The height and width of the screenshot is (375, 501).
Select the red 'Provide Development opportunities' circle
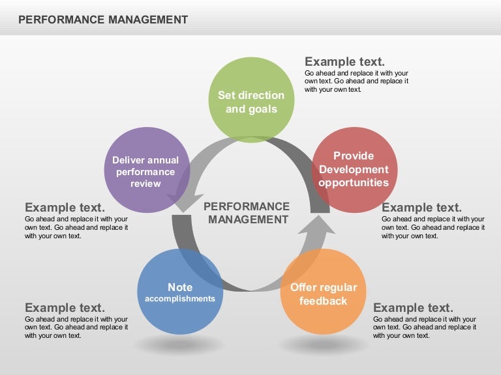point(354,170)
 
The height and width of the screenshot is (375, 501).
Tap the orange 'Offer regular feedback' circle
point(322,291)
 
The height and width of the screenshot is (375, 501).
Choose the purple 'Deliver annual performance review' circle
point(146,170)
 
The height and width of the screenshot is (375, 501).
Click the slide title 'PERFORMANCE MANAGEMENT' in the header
point(103,20)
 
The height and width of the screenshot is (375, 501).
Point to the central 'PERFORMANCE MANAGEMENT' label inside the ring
point(247,213)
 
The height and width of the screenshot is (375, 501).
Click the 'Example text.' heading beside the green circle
point(344,62)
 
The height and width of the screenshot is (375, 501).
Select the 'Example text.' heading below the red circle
point(421,208)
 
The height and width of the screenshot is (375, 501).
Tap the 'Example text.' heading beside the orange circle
point(413,308)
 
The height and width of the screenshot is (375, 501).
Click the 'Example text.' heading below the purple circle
point(65,208)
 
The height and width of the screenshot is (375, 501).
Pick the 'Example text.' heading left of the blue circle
point(65,308)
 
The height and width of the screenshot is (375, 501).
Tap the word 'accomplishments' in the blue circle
point(180,299)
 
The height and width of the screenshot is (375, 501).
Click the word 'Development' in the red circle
point(354,170)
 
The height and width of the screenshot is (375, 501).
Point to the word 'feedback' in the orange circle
point(323,301)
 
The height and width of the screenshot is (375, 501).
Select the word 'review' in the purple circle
point(145,184)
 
